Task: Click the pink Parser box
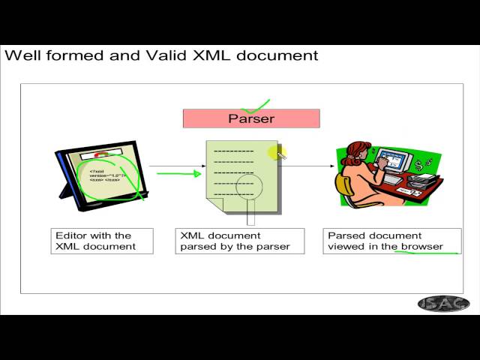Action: [251, 118]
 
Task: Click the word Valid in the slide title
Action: [166, 55]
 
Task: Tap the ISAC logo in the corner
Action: [443, 304]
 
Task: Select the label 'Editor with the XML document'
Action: [102, 241]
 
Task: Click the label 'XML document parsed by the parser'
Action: [239, 241]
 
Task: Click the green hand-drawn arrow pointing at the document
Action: [178, 174]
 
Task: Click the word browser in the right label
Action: [423, 246]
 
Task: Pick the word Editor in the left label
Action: [72, 235]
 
